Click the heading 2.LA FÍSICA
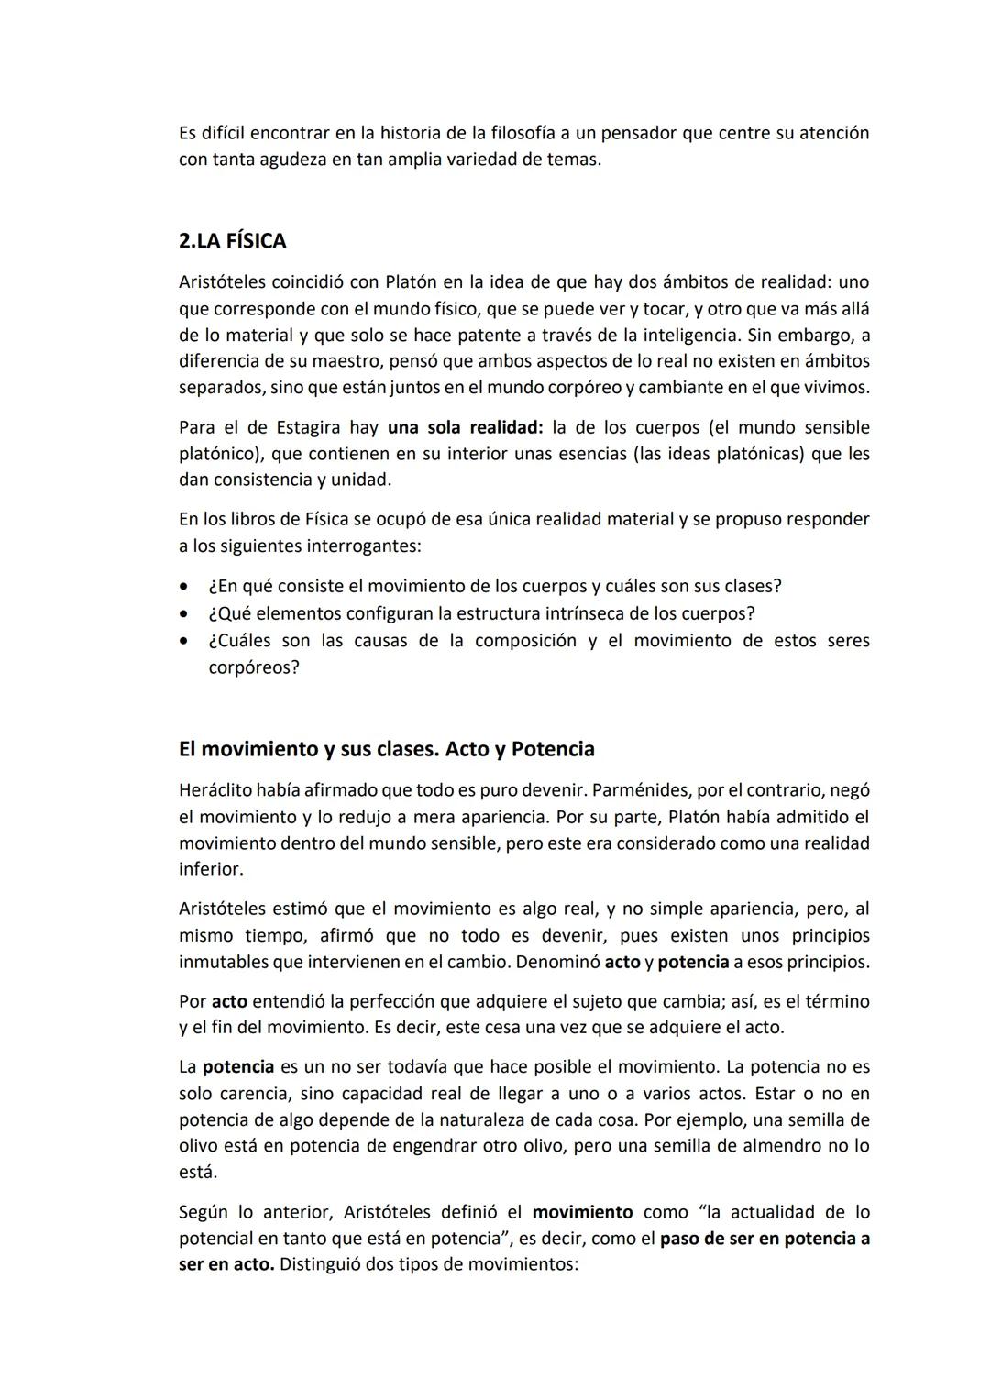point(232,241)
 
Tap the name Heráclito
point(215,790)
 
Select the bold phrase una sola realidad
point(465,427)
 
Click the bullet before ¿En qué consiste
point(186,587)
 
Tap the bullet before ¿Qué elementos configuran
point(186,613)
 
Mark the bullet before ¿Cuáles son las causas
point(186,641)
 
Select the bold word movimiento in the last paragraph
point(582,1212)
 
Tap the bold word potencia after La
point(238,1067)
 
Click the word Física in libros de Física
point(326,520)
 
